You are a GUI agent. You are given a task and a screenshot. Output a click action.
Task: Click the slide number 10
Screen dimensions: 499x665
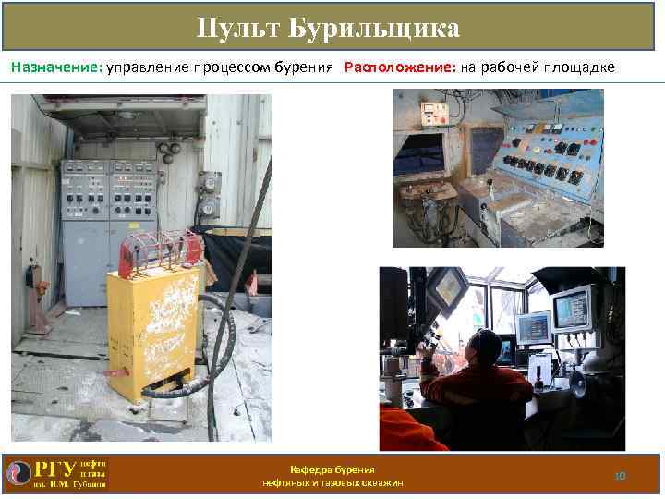(x=620, y=475)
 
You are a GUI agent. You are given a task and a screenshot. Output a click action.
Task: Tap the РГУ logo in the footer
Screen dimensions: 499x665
(x=55, y=472)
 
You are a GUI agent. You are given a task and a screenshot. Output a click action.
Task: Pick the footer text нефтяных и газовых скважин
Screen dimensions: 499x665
(x=332, y=483)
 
